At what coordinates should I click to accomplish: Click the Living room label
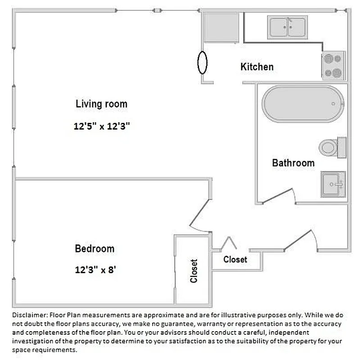[101, 104]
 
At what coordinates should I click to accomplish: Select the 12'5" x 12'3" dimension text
[102, 126]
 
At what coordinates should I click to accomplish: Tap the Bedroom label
[94, 248]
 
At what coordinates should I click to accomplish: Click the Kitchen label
[257, 67]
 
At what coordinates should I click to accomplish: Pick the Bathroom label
[293, 163]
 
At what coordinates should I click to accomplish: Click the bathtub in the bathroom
[303, 103]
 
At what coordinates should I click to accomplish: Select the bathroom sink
[333, 184]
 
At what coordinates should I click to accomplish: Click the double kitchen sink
[288, 27]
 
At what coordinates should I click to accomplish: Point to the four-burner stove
[333, 65]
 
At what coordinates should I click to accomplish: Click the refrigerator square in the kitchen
[221, 27]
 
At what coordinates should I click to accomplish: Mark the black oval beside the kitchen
[203, 63]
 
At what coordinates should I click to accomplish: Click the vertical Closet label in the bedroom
[194, 270]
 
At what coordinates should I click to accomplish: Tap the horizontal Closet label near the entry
[235, 260]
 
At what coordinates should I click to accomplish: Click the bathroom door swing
[278, 197]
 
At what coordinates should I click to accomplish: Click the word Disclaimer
[29, 315]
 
